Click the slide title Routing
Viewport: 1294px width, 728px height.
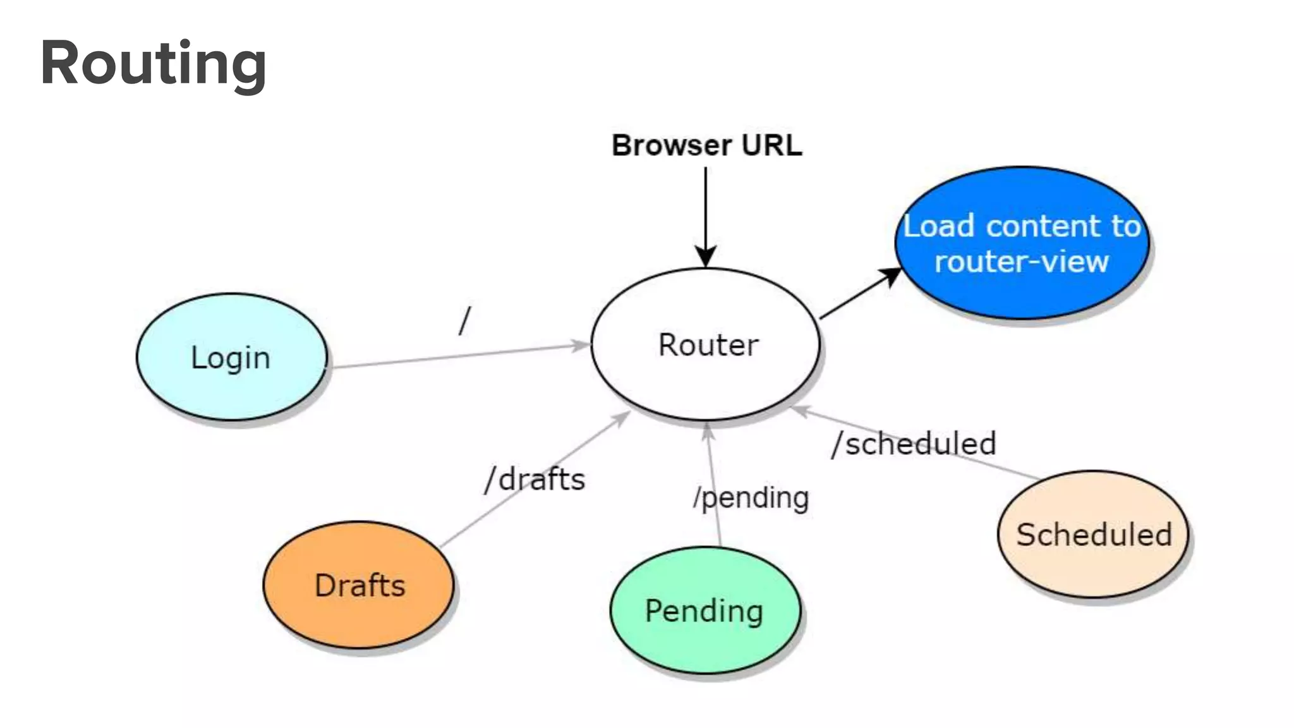[154, 63]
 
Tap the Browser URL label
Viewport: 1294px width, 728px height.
[706, 145]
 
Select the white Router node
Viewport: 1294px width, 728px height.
[706, 345]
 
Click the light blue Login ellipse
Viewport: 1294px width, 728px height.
[231, 358]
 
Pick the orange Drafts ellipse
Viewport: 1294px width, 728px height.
[358, 585]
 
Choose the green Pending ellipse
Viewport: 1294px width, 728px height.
[704, 610]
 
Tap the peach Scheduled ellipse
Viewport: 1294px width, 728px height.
[1093, 535]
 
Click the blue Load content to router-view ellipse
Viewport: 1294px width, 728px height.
[1022, 243]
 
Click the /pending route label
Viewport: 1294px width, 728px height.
[751, 498]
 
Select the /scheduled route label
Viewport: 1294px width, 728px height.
[914, 444]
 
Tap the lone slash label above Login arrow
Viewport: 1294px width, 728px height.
[465, 320]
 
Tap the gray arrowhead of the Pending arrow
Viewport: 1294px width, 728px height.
[708, 431]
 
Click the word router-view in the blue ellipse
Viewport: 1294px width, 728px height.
[1021, 262]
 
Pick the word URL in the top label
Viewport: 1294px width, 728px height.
[771, 145]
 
